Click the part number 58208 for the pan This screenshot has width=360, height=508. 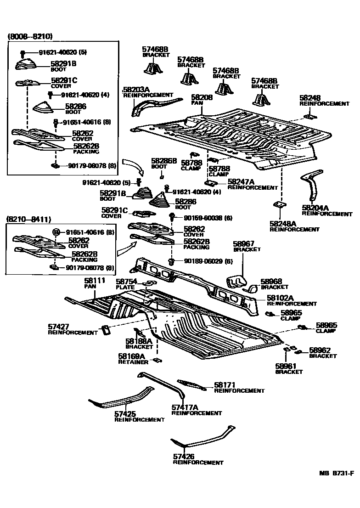click(202, 98)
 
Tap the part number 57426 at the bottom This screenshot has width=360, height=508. click(183, 457)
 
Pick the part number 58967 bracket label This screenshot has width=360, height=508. click(243, 244)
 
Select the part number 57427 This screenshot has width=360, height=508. click(58, 327)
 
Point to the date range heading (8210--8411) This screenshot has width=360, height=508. click(29, 219)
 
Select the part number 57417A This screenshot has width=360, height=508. click(185, 407)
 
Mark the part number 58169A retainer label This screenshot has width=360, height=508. click(132, 356)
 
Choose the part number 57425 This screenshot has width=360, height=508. click(124, 414)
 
